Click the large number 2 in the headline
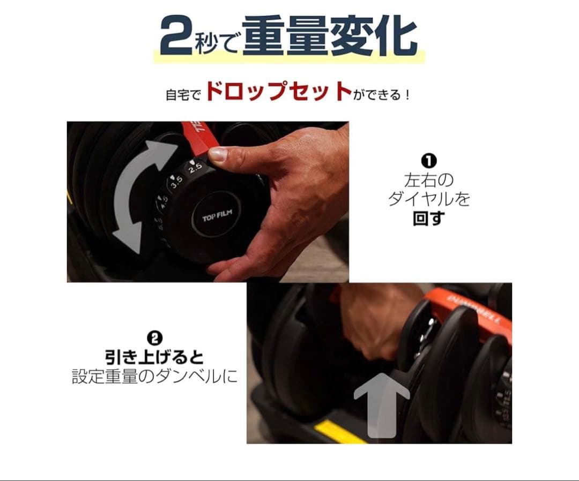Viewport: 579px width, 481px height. pos(176,37)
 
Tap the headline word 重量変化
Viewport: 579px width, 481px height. pos(330,36)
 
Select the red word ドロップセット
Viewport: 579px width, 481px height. pos(278,92)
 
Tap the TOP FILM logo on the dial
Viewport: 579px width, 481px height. pos(216,218)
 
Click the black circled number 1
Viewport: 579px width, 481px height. pos(429,160)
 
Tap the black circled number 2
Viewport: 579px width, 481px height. pos(154,337)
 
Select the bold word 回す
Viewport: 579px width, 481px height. pos(429,219)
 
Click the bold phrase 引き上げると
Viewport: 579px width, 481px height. pos(154,357)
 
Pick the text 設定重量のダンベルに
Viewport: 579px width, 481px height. pos(154,377)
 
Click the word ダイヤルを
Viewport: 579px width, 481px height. pos(429,199)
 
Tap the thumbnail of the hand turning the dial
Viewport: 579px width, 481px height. pos(207,201)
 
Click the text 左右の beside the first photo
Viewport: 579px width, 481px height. pos(429,180)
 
